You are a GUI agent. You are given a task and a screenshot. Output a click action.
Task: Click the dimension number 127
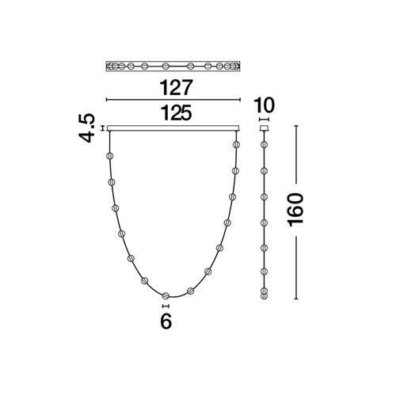pos(174,87)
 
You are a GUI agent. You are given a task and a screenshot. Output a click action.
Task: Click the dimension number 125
pos(176,112)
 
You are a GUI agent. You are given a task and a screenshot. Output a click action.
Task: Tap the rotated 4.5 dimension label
pos(86,128)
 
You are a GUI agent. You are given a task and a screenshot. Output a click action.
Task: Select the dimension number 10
pos(264,105)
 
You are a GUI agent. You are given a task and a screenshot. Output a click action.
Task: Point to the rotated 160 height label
pos(296,210)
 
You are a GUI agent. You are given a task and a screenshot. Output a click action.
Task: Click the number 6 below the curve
pos(166,322)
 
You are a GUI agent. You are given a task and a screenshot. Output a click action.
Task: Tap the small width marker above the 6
pos(166,306)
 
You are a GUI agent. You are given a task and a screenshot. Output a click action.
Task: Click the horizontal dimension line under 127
pos(173,100)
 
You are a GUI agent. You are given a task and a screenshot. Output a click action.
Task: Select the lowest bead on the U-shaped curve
pos(166,295)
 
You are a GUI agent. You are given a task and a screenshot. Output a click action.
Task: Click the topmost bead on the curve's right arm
pos(236,144)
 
